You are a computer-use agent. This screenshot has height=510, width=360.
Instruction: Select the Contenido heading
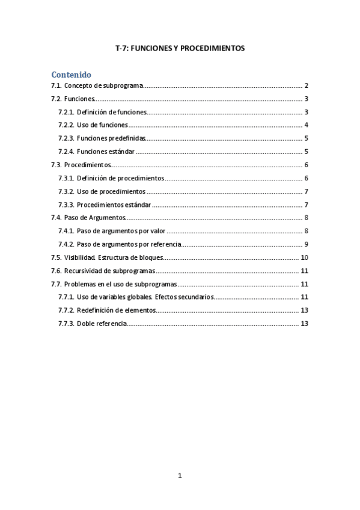point(71,75)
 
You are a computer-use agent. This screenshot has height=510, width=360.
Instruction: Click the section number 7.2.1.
point(66,112)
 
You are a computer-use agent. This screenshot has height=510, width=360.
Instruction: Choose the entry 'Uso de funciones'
point(102,125)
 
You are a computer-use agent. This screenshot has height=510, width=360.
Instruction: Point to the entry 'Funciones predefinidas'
point(111,138)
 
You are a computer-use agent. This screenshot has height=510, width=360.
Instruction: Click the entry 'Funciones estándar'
point(106,152)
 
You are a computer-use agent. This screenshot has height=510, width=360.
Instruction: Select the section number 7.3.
point(56,165)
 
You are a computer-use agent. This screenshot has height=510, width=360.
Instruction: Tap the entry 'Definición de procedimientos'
point(120,179)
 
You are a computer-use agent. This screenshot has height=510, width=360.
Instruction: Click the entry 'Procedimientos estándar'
point(114,205)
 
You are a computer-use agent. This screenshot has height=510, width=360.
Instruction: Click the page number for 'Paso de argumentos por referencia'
point(306,244)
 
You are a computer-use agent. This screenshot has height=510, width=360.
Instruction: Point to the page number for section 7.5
point(304,257)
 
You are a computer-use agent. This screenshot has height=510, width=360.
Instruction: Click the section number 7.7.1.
point(66,297)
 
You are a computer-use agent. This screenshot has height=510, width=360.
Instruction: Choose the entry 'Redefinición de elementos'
point(116,310)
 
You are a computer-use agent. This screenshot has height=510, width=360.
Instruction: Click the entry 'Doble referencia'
point(102,324)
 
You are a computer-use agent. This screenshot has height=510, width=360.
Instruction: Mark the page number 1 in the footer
point(180,476)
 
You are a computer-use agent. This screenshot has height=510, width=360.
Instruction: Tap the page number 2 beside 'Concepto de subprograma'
point(306,86)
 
